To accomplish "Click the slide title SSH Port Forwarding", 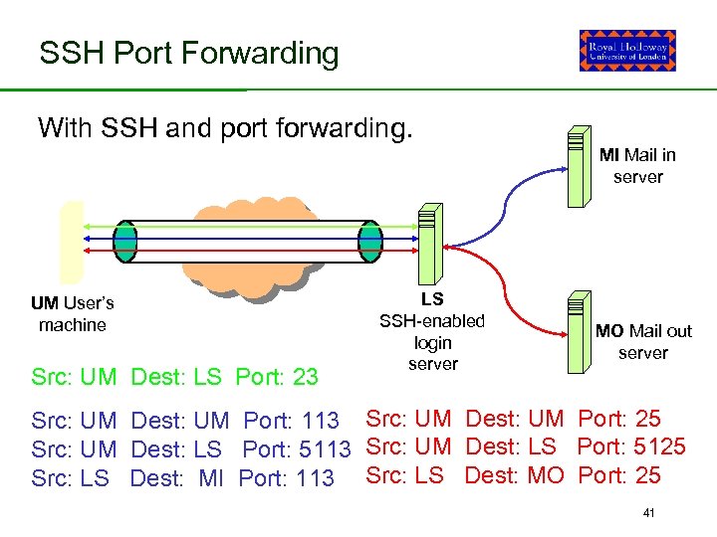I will click(189, 53).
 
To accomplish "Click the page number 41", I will click(648, 513).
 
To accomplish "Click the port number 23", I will click(306, 377).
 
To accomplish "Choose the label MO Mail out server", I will click(643, 341).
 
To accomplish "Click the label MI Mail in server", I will click(637, 165).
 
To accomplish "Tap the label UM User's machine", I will click(72, 313).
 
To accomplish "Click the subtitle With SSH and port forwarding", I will click(224, 128).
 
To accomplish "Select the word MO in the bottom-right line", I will click(545, 475).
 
